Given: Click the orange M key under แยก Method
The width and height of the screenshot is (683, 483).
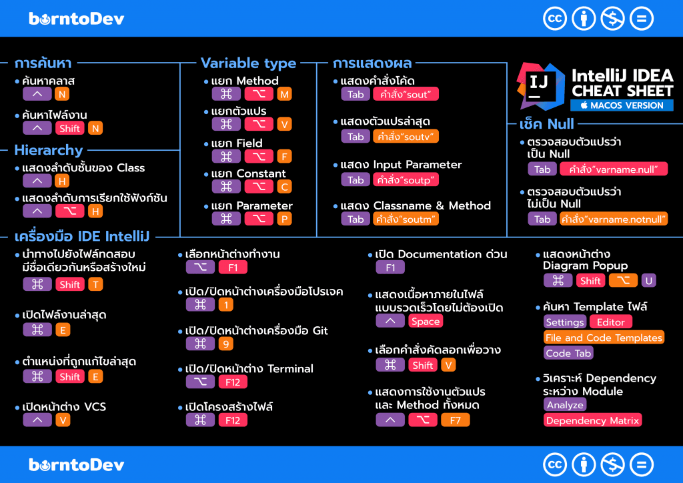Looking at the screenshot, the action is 285,94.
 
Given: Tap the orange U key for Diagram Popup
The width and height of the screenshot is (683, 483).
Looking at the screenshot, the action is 648,281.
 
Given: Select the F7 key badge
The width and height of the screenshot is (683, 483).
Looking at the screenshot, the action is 455,420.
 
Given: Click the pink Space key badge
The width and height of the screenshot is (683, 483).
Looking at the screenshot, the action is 426,321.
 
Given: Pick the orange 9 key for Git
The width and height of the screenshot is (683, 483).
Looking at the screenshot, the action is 226,344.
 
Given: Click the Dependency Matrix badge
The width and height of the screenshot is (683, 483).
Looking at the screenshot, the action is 593,420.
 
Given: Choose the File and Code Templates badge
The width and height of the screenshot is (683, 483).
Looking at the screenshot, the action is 604,338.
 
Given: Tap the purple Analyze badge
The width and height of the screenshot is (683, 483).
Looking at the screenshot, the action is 565,404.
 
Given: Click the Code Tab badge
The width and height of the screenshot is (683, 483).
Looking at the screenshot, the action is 568,353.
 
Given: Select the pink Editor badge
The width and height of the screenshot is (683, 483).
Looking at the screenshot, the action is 610,322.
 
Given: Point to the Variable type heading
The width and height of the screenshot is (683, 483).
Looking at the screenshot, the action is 248,63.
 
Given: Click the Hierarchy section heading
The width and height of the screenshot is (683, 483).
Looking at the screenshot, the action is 49,150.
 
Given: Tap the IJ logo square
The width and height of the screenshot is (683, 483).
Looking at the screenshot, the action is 537,85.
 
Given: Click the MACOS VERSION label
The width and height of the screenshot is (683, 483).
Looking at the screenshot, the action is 622,105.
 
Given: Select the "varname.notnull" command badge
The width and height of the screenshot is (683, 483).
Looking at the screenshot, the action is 614,219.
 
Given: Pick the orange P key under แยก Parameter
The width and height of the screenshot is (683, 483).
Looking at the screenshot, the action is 285,219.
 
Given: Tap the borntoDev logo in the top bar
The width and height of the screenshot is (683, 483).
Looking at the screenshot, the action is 77,18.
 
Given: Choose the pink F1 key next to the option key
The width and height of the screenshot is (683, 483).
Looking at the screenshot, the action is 233,268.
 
